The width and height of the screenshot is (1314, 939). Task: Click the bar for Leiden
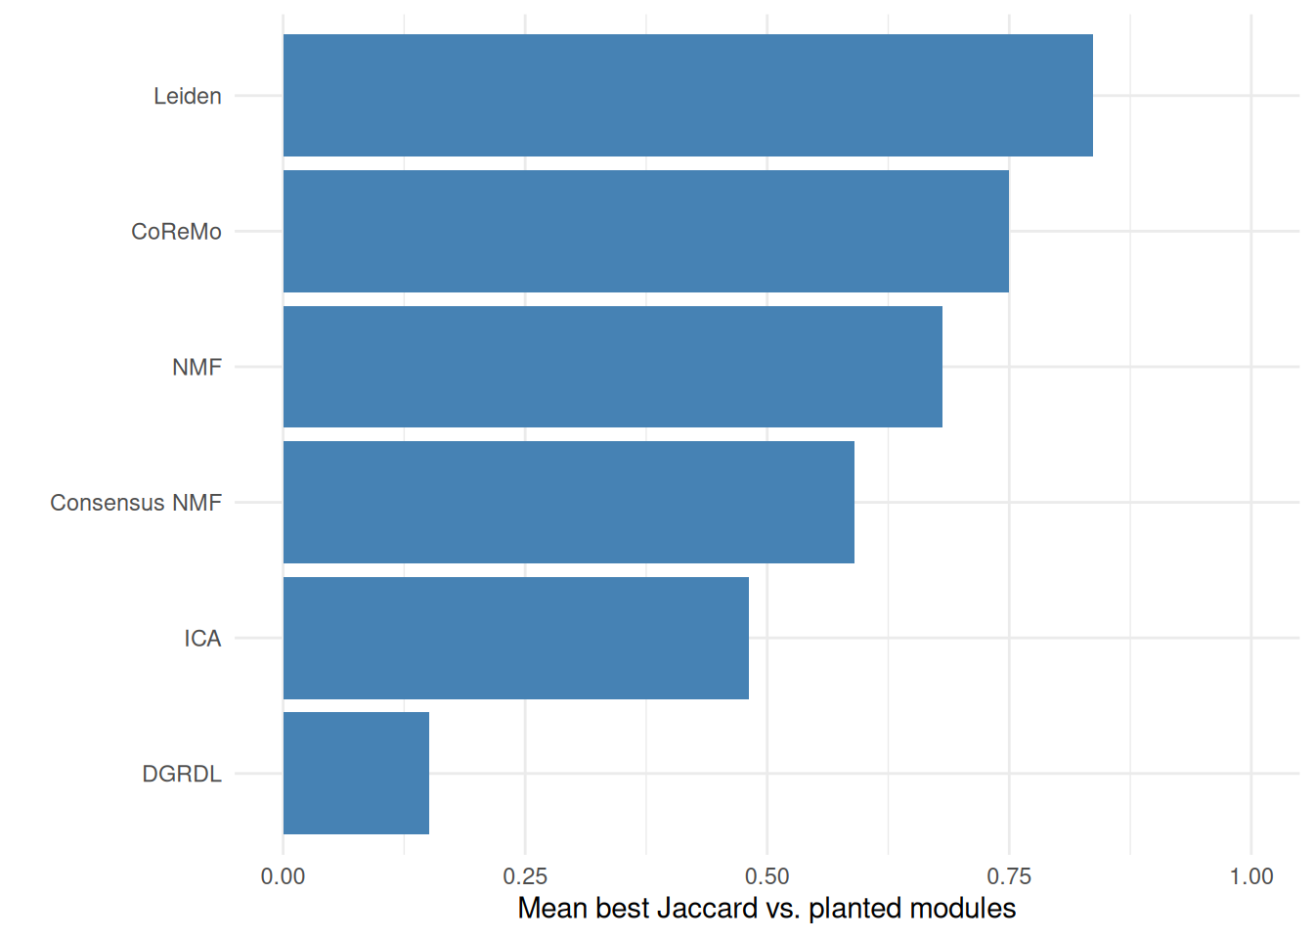pos(687,95)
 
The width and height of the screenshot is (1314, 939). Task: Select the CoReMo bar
pos(646,231)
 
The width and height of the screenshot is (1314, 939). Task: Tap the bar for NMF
pos(612,367)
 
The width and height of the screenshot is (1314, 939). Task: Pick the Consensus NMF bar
pos(568,503)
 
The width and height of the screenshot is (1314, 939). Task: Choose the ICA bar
pos(515,638)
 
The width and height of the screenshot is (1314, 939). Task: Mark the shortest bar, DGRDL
pos(356,774)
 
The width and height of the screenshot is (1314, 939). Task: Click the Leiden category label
pos(188,96)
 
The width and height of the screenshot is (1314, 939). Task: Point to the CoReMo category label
pos(176,232)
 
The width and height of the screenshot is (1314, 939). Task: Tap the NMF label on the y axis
pos(197,368)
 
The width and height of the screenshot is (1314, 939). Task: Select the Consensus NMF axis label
pos(136,503)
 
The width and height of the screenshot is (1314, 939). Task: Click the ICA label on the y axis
pos(203,639)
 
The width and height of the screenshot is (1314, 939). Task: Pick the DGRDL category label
pos(182,774)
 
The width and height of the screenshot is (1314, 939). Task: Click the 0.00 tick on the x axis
pos(283,876)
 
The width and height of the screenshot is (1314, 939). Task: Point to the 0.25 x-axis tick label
pos(525,876)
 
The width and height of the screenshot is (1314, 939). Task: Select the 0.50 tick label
pos(767,876)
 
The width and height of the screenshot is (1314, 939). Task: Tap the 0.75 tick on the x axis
pos(1009,876)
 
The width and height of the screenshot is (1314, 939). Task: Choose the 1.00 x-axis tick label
pos(1251,876)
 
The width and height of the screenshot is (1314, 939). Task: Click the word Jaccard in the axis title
pos(708,909)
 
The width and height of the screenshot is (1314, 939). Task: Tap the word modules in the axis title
pos(963,909)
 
